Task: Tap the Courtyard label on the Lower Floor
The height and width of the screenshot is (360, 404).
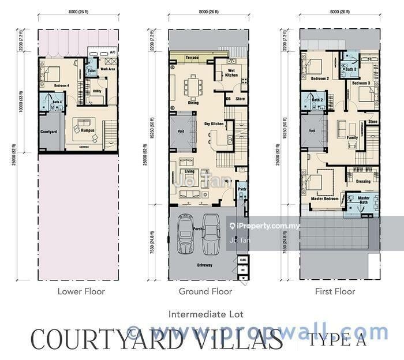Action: (x=48, y=132)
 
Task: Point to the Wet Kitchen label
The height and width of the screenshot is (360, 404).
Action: (x=225, y=73)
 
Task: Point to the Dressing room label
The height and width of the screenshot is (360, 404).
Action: (x=364, y=181)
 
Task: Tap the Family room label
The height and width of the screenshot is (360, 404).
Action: (x=352, y=138)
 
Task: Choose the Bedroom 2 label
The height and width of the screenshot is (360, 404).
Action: (x=319, y=78)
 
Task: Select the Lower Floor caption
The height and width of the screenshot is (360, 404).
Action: (x=81, y=292)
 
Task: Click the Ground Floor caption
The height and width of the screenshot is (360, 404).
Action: (x=205, y=292)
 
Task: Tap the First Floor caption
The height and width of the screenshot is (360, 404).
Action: (x=335, y=292)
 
